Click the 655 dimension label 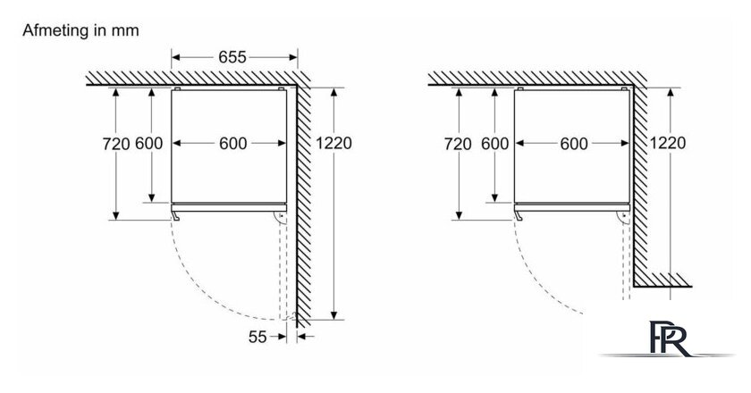point(232,57)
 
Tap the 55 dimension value point(257,337)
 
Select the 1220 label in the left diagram point(333,143)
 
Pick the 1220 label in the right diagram point(668,143)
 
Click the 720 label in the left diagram point(116,144)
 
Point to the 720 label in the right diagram point(458,144)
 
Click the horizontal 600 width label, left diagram point(233,143)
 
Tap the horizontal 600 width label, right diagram point(574,143)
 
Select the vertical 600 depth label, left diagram point(149,143)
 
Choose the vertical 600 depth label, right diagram point(494,143)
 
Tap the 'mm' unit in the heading point(125,31)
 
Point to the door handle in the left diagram point(176,216)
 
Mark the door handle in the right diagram point(519,216)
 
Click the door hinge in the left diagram point(281,218)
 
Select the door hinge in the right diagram point(624,218)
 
